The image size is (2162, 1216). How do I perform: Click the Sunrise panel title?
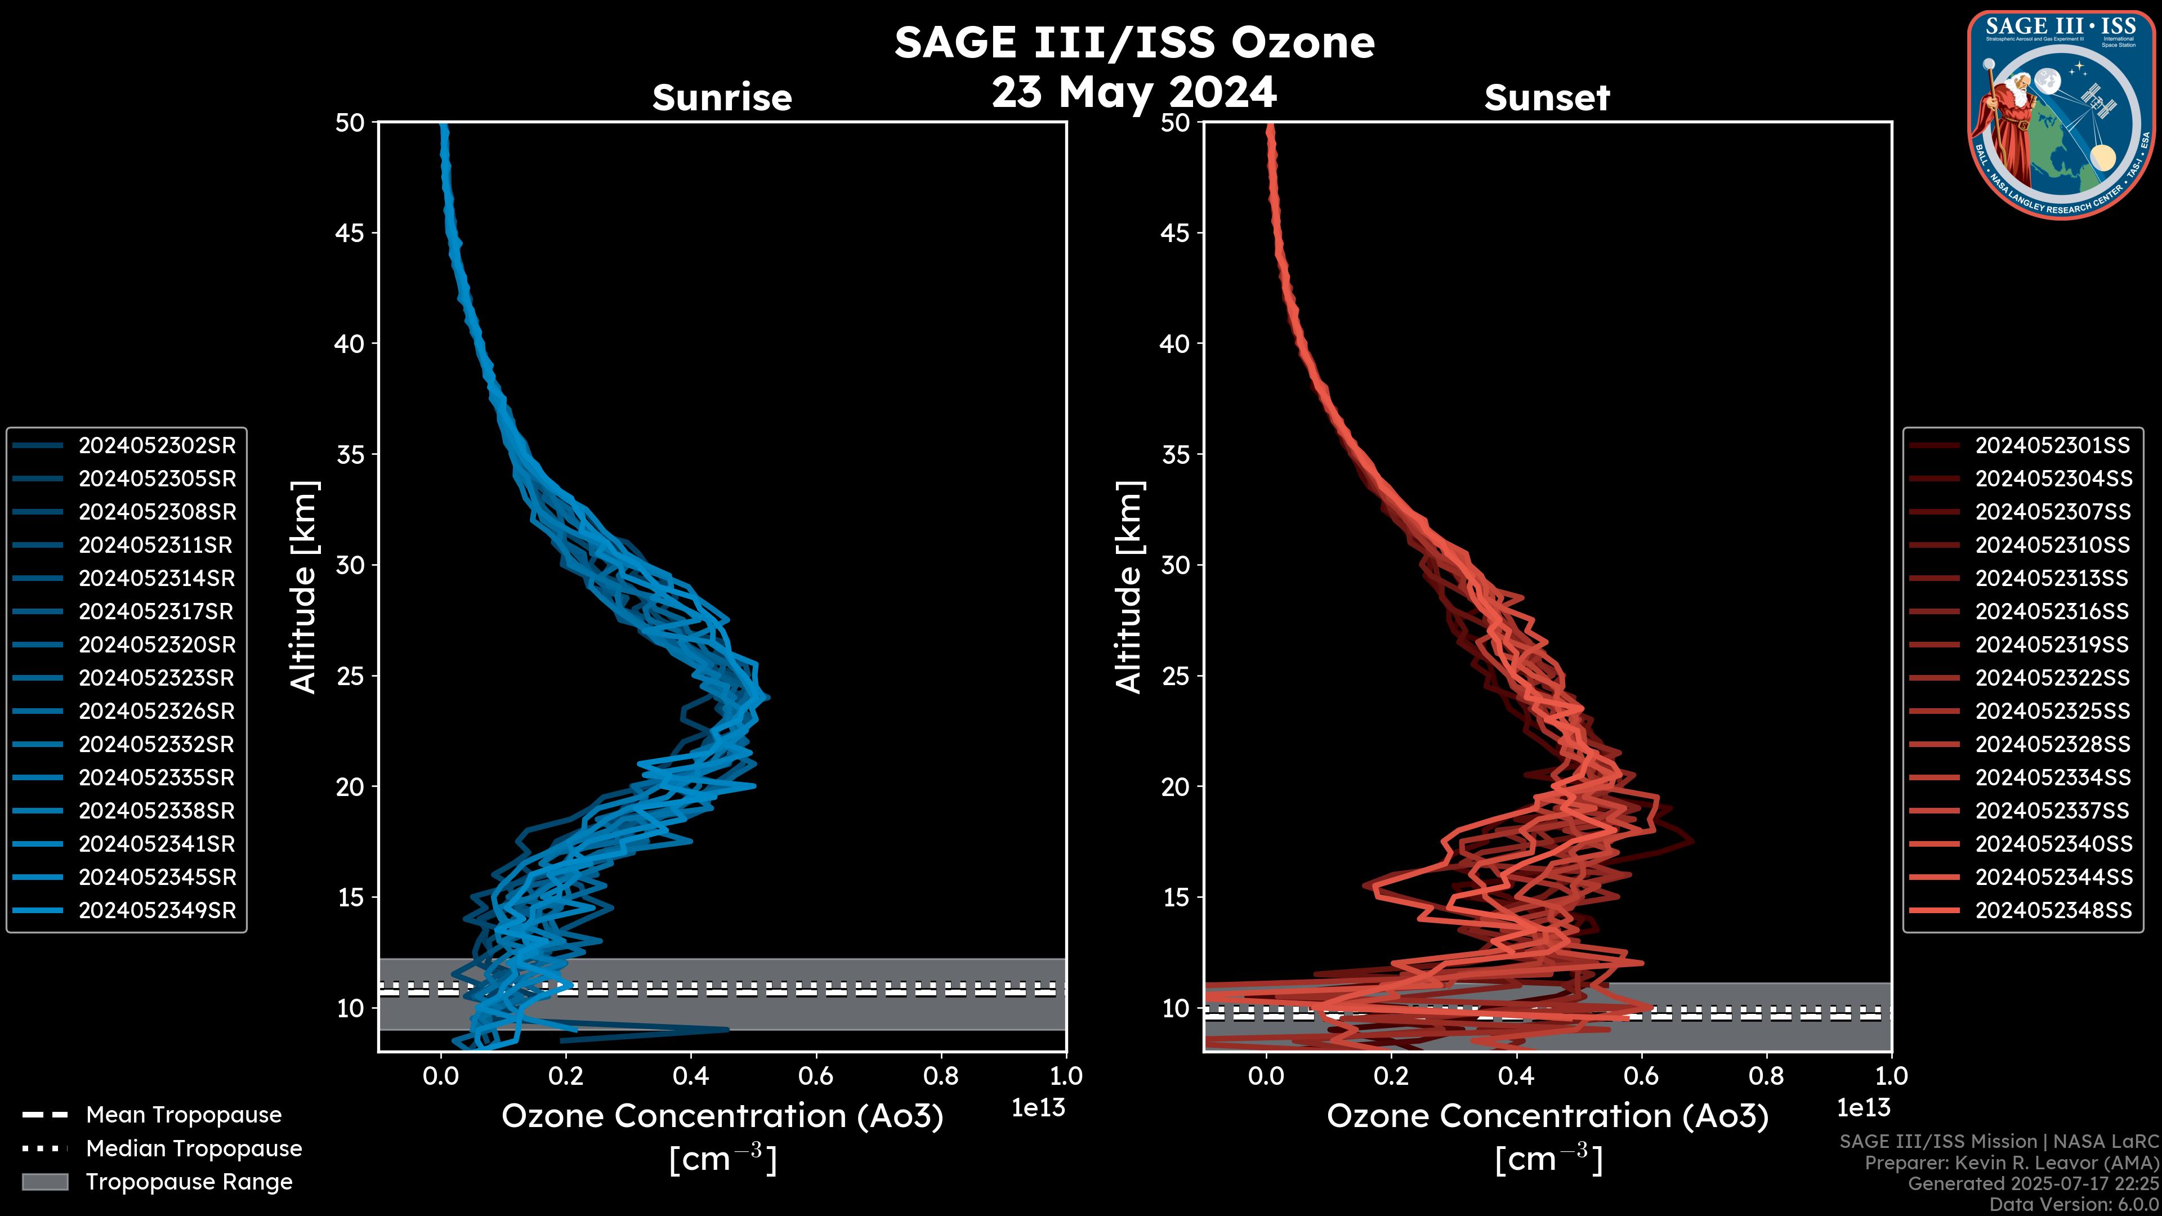coord(722,97)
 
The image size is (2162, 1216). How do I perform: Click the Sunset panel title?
coord(1547,97)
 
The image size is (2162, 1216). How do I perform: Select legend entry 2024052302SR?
coord(157,446)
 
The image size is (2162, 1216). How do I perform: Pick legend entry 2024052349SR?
coord(157,910)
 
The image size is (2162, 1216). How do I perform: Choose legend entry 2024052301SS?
coord(2053,446)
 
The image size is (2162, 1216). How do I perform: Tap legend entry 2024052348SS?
coord(2053,910)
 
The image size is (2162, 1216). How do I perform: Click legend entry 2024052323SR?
coord(157,678)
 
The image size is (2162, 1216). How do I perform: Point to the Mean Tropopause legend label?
coord(184,1115)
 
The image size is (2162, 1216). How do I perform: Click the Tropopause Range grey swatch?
coord(45,1182)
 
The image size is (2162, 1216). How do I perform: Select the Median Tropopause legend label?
coord(194,1149)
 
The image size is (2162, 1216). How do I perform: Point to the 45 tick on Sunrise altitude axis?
coord(350,233)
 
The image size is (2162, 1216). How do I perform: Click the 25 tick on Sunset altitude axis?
coord(1175,676)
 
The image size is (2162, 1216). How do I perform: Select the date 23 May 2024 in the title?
coord(1134,92)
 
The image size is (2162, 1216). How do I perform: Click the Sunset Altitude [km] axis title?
coord(1129,587)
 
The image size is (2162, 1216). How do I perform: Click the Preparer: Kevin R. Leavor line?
coord(2011,1163)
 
